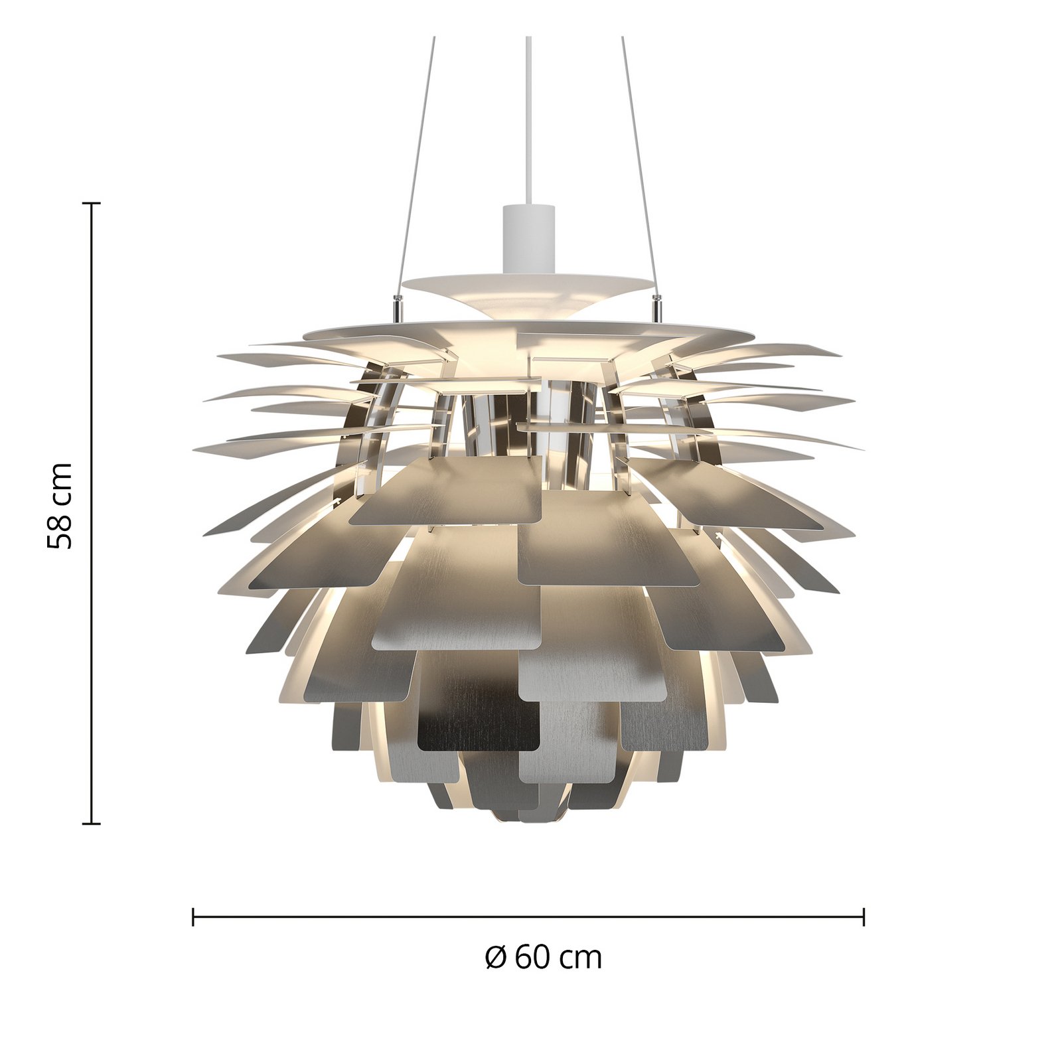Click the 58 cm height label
point(60,506)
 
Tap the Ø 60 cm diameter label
point(543,957)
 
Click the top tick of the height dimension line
point(91,203)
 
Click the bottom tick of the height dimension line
point(91,824)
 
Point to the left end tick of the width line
point(193,917)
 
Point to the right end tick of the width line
point(864,917)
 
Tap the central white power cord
point(528,119)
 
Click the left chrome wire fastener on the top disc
point(398,306)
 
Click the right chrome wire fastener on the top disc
point(658,306)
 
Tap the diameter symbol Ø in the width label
point(496,957)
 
